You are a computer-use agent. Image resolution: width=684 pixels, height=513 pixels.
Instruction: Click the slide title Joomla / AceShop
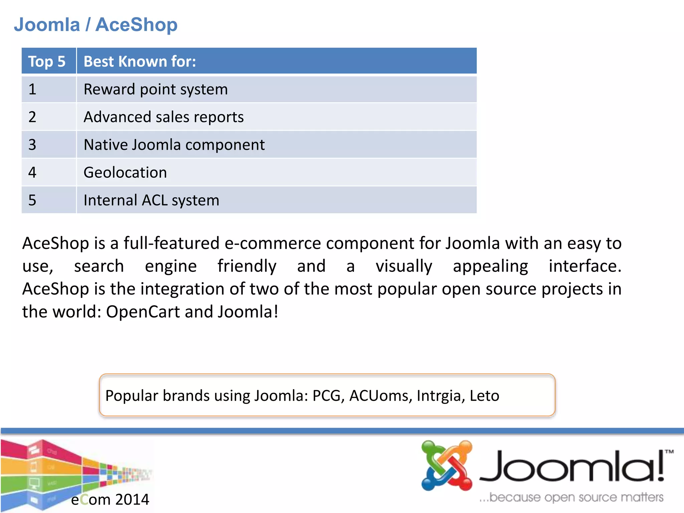(x=96, y=25)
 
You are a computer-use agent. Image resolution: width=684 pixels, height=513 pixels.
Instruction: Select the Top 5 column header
(x=47, y=61)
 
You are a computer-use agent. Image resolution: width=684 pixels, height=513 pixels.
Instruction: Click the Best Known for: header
(x=140, y=61)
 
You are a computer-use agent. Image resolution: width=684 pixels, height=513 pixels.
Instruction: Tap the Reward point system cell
(x=156, y=90)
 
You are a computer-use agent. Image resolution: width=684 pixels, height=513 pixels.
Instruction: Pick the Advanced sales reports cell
(x=164, y=117)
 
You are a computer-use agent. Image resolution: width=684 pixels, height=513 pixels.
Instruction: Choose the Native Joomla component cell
(x=174, y=145)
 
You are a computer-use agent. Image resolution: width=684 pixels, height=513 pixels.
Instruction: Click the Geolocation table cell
(x=125, y=173)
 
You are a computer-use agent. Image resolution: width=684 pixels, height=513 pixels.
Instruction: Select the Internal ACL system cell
(x=151, y=200)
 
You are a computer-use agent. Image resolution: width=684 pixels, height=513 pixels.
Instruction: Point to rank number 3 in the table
(x=32, y=145)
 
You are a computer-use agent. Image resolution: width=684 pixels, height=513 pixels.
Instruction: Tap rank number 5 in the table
(x=32, y=200)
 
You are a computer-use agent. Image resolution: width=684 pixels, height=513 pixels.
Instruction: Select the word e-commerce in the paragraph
(x=273, y=243)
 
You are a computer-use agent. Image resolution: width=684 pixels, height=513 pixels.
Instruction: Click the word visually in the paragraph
(x=404, y=266)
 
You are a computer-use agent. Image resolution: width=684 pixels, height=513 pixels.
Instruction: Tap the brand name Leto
(x=484, y=396)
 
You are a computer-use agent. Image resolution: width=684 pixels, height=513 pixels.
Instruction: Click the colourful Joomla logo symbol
(x=447, y=466)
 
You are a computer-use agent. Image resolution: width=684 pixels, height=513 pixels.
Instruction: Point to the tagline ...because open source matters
(x=571, y=497)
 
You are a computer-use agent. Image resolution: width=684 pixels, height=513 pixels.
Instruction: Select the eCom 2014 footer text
(x=110, y=500)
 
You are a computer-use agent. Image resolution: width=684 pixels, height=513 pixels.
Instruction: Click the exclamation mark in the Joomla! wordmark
(x=661, y=466)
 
